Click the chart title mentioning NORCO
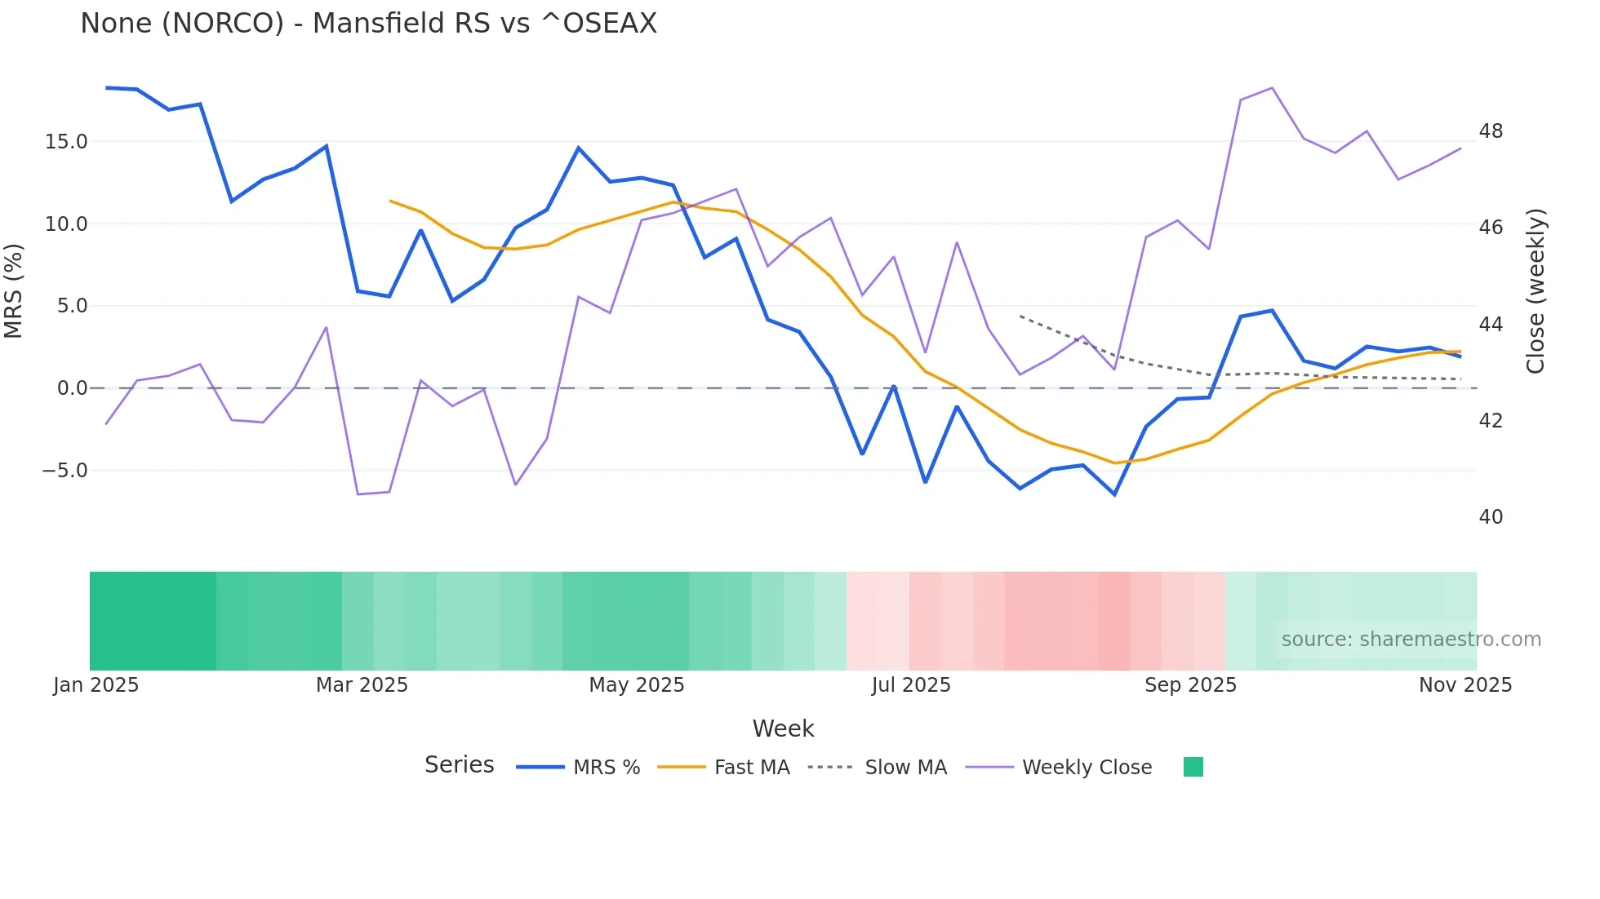(368, 24)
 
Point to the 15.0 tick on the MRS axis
(65, 142)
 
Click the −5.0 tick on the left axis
(64, 471)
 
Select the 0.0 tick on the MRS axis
(71, 388)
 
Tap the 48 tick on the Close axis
(1491, 131)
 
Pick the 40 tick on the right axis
(1491, 517)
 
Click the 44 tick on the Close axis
(1491, 325)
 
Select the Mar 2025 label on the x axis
(362, 685)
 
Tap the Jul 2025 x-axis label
(911, 685)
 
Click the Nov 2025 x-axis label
(1465, 685)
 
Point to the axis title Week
(783, 728)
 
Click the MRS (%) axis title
(14, 291)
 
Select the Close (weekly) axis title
(1536, 291)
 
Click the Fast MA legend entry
(751, 768)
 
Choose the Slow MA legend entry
(905, 768)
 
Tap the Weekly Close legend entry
(1087, 768)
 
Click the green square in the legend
(1193, 767)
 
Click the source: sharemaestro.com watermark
(1411, 640)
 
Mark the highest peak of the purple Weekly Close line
(1272, 88)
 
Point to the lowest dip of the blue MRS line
(1114, 494)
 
